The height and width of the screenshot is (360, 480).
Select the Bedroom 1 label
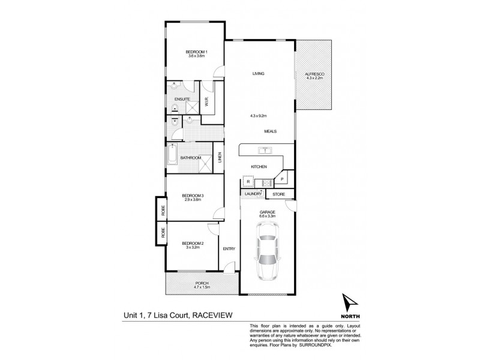coord(196,52)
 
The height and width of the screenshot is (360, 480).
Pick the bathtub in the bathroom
coord(172,157)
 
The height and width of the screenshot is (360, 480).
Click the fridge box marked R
coord(247,181)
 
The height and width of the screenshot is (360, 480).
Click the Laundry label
coord(253,194)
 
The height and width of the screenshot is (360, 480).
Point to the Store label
coord(278,194)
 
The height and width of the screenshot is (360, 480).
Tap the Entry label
coord(229,248)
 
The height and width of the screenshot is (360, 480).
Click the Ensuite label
coord(182,98)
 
